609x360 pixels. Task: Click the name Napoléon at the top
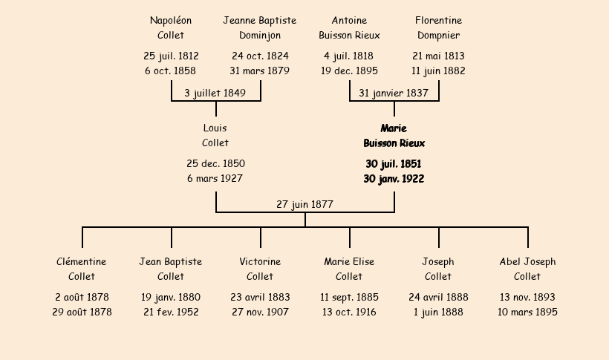pos(171,21)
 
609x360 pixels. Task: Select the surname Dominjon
pos(260,36)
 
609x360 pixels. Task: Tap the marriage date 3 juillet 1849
pos(215,94)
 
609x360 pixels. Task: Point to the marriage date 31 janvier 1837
pos(394,94)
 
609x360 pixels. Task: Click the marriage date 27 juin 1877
pos(305,204)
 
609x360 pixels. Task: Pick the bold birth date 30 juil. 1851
pos(394,164)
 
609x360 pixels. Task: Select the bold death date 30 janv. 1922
pos(394,179)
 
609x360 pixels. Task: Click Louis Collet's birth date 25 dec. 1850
pos(215,163)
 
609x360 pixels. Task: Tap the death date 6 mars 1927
pos(215,178)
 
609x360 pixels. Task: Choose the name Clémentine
pos(81,262)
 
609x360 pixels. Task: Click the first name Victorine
pos(260,262)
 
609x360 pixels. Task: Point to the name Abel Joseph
pos(527,262)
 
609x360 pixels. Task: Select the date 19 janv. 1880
pos(171,298)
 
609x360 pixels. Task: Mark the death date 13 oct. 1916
pos(349,312)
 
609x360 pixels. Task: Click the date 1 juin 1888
pos(438,312)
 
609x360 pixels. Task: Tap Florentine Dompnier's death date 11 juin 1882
pos(438,71)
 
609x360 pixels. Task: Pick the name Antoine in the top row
pos(349,21)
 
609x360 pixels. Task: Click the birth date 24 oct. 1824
pos(260,56)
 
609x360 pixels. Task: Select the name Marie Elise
pos(349,262)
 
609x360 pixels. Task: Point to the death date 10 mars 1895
pos(527,312)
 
